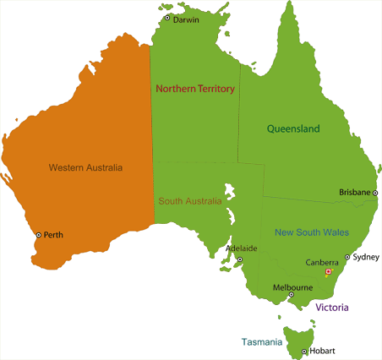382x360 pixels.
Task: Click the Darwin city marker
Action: click(x=167, y=18)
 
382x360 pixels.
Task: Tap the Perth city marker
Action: click(x=38, y=235)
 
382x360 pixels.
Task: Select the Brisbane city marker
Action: click(x=375, y=193)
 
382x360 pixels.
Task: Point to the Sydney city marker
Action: click(x=347, y=257)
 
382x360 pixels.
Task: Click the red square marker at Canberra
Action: click(x=328, y=272)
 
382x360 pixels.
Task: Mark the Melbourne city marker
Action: click(x=291, y=295)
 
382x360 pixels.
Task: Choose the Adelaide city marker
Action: click(x=239, y=259)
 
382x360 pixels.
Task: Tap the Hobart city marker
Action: click(x=303, y=351)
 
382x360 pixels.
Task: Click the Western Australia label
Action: click(x=85, y=166)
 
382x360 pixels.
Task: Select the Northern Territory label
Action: click(x=195, y=87)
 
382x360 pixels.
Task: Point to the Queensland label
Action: click(x=293, y=129)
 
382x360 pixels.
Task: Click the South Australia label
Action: click(x=190, y=201)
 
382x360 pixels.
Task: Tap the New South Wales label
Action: click(x=312, y=232)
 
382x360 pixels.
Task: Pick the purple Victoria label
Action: click(x=332, y=308)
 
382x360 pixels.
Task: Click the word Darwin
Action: click(x=186, y=19)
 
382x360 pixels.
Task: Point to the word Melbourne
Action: click(x=293, y=287)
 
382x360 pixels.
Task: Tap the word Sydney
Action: click(x=365, y=257)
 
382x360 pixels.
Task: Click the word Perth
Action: click(x=53, y=235)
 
